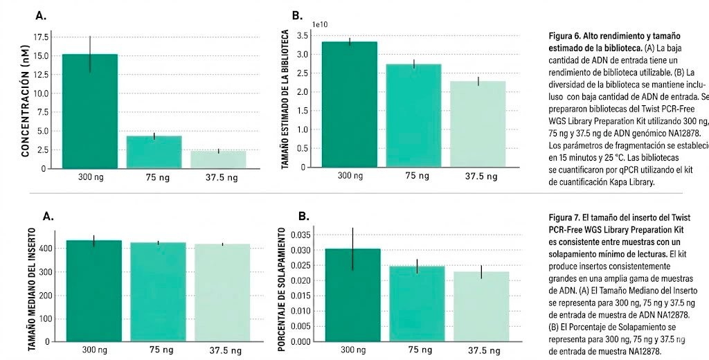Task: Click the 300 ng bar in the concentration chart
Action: point(89,111)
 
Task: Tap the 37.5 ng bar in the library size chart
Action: point(478,125)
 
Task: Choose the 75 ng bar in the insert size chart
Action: point(158,291)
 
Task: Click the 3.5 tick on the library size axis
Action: point(302,35)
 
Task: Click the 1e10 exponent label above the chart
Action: point(320,25)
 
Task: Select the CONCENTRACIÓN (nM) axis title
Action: point(25,111)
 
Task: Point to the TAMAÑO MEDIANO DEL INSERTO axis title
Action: point(32,287)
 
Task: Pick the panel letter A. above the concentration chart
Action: point(42,16)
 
